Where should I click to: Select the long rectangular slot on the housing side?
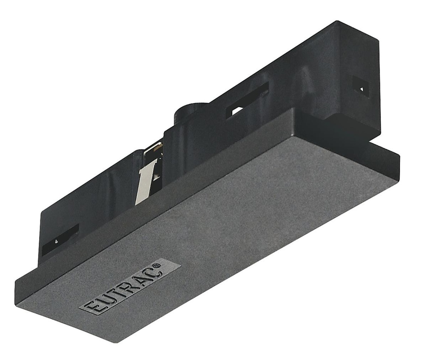[247, 100]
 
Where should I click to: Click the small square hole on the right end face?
[361, 86]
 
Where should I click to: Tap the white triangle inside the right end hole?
[362, 88]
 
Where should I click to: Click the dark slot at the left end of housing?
[60, 240]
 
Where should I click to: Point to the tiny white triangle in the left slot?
[56, 241]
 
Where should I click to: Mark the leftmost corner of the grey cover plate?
[16, 287]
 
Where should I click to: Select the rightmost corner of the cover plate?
[399, 157]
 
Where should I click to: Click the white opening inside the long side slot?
[236, 111]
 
